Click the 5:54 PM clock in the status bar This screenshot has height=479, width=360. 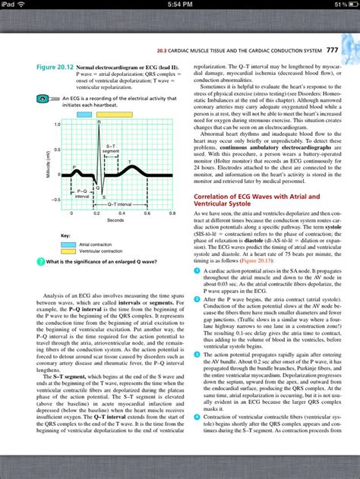click(x=180, y=5)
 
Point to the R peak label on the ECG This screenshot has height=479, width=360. click(x=99, y=121)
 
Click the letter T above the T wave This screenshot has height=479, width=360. click(x=130, y=162)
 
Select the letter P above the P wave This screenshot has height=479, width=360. click(x=74, y=166)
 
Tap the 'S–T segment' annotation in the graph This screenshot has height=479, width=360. click(x=111, y=148)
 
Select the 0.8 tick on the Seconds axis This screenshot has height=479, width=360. click(x=173, y=214)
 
